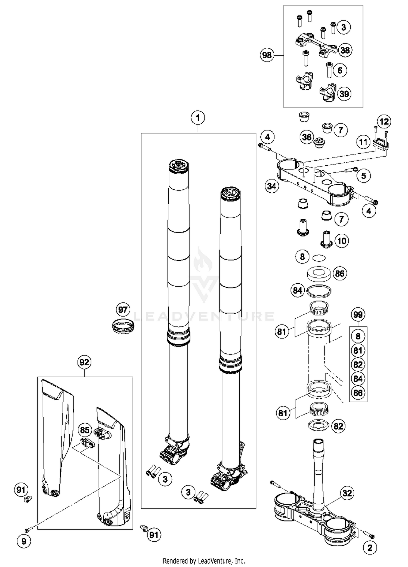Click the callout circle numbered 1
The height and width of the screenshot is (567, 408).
pyautogui.click(x=198, y=118)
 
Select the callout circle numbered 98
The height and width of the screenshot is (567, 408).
pyautogui.click(x=267, y=55)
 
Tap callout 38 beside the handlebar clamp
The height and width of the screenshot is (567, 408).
pyautogui.click(x=345, y=50)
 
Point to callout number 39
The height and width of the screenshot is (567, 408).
pyautogui.click(x=344, y=94)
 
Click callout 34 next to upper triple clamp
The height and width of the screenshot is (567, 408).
pyautogui.click(x=272, y=186)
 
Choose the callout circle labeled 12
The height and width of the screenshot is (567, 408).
pyautogui.click(x=384, y=122)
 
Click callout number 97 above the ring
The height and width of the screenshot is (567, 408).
pyautogui.click(x=123, y=310)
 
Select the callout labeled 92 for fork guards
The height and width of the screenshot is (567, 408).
pyautogui.click(x=84, y=362)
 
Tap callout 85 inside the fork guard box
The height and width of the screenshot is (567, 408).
pyautogui.click(x=85, y=430)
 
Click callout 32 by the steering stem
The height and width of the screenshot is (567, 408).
pyautogui.click(x=347, y=493)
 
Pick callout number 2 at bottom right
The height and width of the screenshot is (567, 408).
pyautogui.click(x=370, y=548)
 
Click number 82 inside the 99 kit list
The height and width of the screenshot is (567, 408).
pyautogui.click(x=358, y=365)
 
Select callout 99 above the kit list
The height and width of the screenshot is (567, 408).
pyautogui.click(x=358, y=315)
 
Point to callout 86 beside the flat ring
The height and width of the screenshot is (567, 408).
pyautogui.click(x=340, y=274)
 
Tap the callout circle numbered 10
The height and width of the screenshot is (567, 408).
pyautogui.click(x=342, y=241)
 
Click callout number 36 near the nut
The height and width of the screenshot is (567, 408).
pyautogui.click(x=307, y=137)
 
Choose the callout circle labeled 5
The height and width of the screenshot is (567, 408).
pyautogui.click(x=364, y=176)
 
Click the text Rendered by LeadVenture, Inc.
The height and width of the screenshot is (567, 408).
pyautogui.click(x=204, y=561)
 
